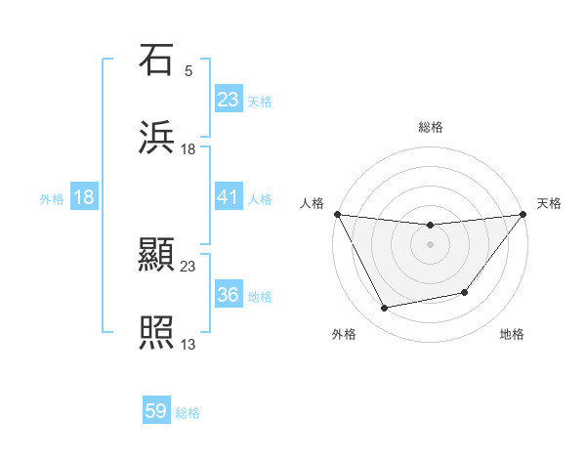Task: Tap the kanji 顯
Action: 156,257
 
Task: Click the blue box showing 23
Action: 228,99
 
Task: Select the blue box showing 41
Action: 228,197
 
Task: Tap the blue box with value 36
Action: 228,295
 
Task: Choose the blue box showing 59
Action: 156,411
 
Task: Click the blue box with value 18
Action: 84,197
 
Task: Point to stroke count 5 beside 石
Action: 188,70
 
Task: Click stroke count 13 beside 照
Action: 188,344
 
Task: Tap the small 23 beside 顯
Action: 188,266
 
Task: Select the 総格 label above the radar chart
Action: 430,127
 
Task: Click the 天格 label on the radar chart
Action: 549,203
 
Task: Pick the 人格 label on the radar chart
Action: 312,203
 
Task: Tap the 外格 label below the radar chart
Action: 344,334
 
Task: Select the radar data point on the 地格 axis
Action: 466,292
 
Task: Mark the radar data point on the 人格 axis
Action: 337,214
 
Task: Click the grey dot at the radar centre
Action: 430,243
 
